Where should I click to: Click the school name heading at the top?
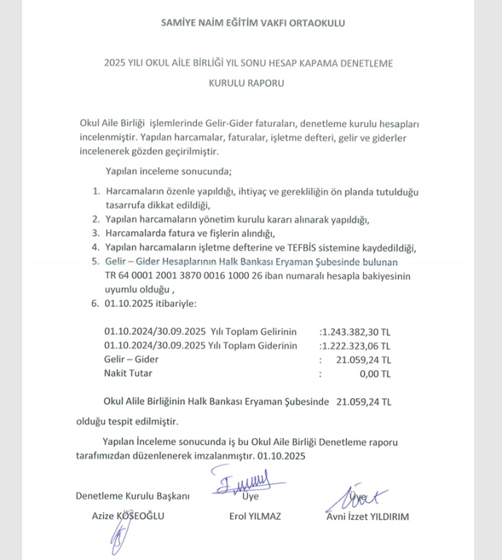click(x=252, y=23)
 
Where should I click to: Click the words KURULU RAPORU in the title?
click(x=246, y=83)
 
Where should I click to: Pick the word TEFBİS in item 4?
click(x=315, y=248)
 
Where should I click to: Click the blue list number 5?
click(x=95, y=262)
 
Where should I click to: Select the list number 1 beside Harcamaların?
click(x=95, y=191)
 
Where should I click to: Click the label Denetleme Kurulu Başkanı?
click(x=133, y=496)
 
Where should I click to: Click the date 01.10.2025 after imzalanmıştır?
click(x=284, y=455)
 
